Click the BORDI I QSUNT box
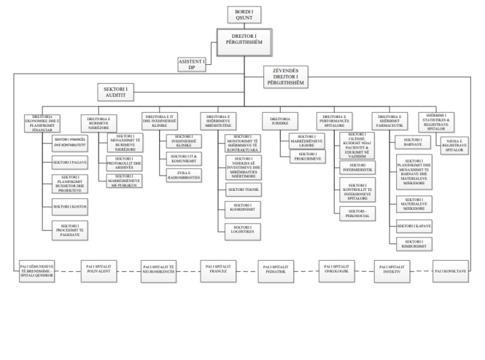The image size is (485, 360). (x=244, y=14)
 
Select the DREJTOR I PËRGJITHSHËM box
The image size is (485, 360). (x=244, y=42)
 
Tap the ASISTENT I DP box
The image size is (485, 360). (x=193, y=64)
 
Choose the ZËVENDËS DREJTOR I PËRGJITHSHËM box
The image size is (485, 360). (x=285, y=77)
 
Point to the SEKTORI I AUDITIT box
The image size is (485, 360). (x=120, y=92)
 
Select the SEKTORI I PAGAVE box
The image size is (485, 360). (x=71, y=162)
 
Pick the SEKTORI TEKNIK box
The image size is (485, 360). (x=243, y=189)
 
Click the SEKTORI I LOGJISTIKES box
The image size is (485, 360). (x=243, y=229)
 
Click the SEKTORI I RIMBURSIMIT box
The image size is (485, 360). (x=414, y=244)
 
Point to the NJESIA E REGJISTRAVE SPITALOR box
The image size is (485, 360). (x=454, y=144)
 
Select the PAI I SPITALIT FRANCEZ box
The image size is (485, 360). (x=218, y=273)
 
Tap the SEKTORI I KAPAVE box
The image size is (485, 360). (x=414, y=227)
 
